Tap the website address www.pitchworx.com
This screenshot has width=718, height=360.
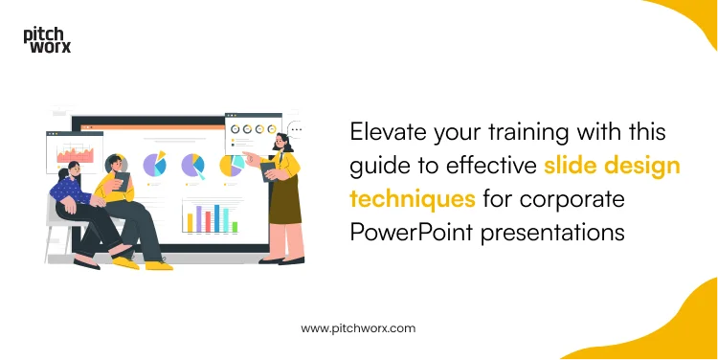pyautogui.click(x=358, y=327)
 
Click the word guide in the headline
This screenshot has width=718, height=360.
pyautogui.click(x=378, y=166)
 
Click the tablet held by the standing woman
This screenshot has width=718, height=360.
pyautogui.click(x=267, y=173)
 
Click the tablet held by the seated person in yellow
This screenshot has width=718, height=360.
pyautogui.click(x=121, y=181)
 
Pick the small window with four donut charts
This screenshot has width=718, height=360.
pyautogui.click(x=252, y=127)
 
